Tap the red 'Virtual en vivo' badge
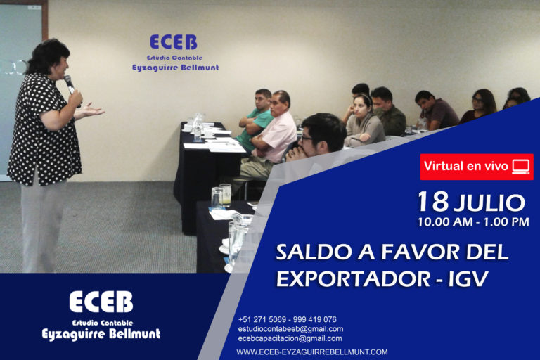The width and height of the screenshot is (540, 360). (476, 167)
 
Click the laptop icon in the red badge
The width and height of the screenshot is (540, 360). (521, 167)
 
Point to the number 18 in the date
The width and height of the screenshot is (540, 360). (433, 202)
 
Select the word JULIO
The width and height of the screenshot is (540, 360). (489, 203)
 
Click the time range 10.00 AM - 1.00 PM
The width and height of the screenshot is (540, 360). (473, 222)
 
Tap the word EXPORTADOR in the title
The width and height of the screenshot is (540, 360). (353, 278)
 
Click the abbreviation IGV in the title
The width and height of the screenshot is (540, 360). (468, 278)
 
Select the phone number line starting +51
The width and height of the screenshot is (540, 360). (287, 319)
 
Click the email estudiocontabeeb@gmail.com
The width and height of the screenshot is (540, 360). (290, 329)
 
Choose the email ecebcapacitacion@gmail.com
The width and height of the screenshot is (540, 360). (290, 338)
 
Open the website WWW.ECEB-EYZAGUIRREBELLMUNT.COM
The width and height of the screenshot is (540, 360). (312, 352)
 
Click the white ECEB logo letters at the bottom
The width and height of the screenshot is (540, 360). (101, 302)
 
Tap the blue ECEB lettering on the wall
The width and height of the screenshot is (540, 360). (174, 42)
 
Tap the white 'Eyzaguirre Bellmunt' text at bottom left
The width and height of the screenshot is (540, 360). (101, 334)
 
